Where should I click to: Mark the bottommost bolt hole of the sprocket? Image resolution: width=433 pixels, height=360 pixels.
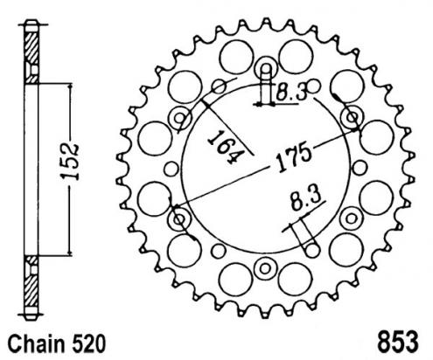(266, 265)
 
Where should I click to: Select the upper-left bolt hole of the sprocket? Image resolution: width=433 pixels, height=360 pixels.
(181, 117)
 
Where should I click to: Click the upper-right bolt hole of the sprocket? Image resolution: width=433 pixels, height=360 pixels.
(352, 117)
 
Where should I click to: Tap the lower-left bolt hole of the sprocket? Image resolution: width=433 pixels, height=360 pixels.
(181, 216)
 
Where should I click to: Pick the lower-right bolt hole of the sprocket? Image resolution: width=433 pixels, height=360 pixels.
(352, 216)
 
